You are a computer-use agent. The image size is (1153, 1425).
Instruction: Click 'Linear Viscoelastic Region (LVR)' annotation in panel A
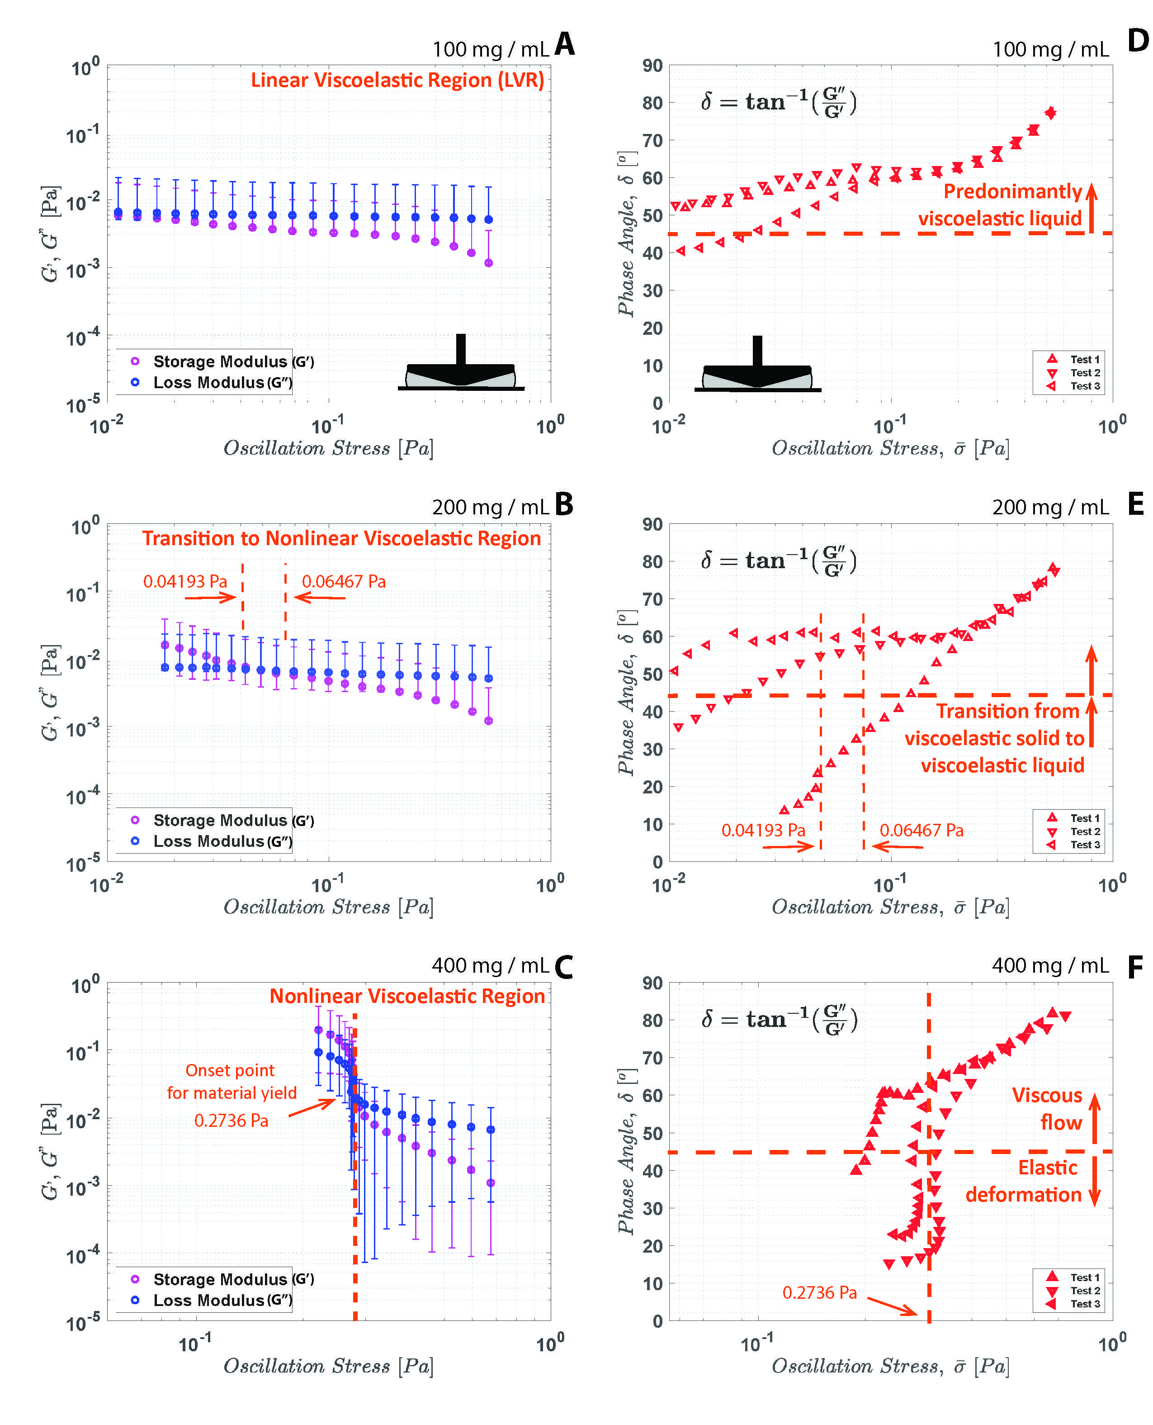[x=397, y=81]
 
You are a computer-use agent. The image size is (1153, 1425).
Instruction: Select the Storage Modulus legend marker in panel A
[x=135, y=361]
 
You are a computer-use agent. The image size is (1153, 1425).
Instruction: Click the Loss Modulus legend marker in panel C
[x=135, y=1300]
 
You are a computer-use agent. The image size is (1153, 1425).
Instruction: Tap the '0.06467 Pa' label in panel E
[x=921, y=831]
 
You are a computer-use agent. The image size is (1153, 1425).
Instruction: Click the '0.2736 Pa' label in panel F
[x=819, y=1293]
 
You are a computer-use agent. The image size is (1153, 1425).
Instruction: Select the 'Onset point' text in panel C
[x=230, y=1070]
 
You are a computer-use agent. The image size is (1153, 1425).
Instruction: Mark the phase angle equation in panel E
[x=779, y=560]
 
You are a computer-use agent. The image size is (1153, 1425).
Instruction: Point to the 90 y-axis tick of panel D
[x=652, y=66]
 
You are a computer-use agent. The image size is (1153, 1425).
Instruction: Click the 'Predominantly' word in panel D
[x=1012, y=191]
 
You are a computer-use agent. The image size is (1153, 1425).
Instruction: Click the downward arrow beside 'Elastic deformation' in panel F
[x=1095, y=1189]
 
